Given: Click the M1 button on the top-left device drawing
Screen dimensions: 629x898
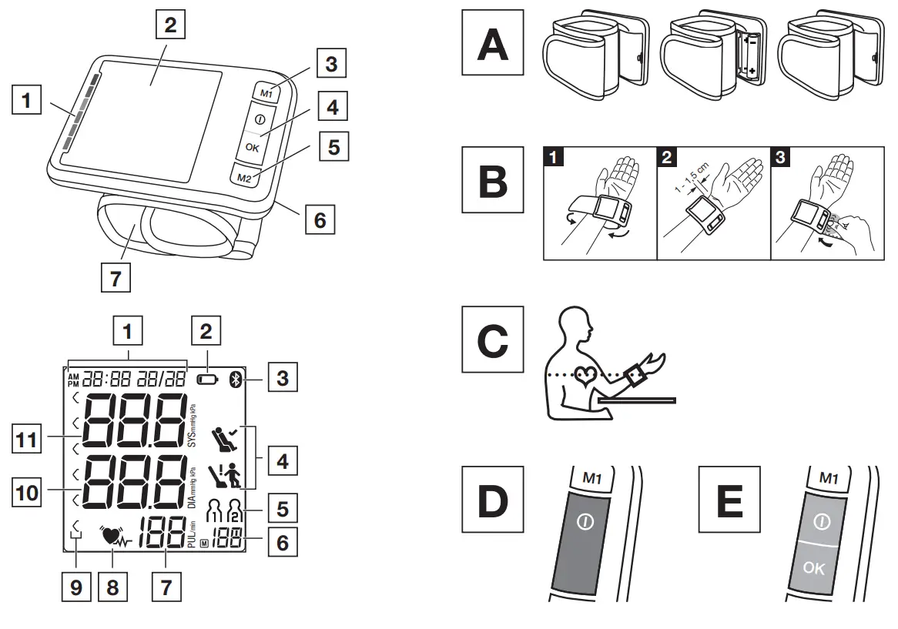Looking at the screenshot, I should [265, 92].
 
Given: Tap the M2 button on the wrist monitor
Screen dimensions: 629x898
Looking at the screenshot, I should [244, 177].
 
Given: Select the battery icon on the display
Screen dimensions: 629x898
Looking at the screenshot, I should [207, 379].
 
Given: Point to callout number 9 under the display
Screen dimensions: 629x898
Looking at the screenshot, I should [75, 587].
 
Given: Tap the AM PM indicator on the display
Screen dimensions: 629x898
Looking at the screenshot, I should [73, 379].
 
